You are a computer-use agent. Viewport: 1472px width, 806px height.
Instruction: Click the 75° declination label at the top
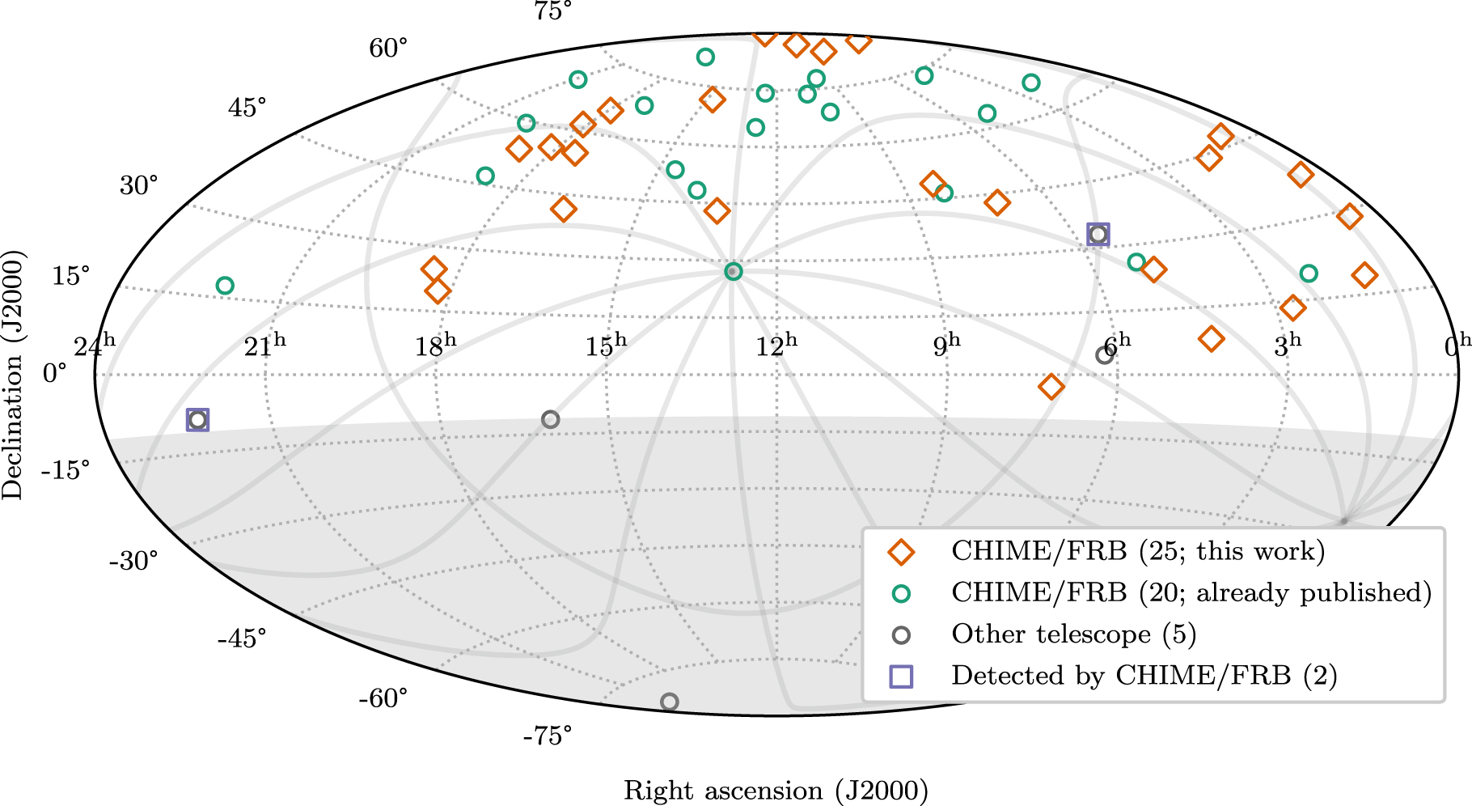point(552,11)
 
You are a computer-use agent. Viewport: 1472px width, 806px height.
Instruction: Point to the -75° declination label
point(547,736)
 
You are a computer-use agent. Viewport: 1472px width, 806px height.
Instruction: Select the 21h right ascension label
point(264,346)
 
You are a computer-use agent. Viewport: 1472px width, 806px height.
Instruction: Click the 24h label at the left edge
point(94,346)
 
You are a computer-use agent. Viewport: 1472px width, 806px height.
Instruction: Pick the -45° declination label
point(241,638)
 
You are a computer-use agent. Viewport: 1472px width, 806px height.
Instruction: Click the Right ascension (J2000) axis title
point(776,790)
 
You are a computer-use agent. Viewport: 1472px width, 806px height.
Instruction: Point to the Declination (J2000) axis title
point(13,374)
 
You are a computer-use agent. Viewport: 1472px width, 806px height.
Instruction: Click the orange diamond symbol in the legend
point(900,552)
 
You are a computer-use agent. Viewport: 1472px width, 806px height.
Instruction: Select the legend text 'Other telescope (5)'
point(1073,634)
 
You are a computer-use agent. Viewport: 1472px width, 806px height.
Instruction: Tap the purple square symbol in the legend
point(901,676)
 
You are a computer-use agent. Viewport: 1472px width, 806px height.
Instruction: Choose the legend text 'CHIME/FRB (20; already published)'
point(1191,592)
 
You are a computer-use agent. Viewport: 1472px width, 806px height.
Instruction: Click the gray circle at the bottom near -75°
point(669,702)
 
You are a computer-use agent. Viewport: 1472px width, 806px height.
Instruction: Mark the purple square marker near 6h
point(1098,235)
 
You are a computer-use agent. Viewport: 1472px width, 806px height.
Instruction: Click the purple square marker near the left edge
point(197,419)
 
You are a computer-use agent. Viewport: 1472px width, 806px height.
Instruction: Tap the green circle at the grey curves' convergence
point(733,271)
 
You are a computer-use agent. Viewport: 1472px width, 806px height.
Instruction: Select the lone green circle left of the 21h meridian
point(225,286)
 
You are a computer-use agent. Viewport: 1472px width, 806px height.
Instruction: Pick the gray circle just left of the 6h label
point(1104,355)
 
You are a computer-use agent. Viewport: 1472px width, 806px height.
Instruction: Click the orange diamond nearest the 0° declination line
point(1051,387)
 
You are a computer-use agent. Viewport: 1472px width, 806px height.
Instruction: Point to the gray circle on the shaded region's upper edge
point(550,419)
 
